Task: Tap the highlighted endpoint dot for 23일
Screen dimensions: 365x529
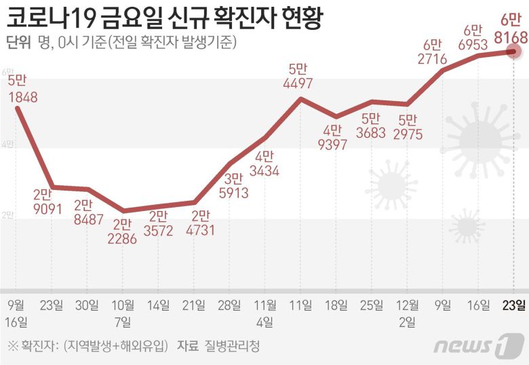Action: click(x=514, y=51)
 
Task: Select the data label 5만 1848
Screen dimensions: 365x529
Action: click(x=22, y=89)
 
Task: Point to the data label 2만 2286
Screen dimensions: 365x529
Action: click(x=122, y=230)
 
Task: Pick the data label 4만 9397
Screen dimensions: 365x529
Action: click(x=336, y=137)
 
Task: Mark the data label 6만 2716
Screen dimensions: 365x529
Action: click(x=432, y=52)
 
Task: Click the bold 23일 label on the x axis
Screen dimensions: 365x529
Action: click(x=513, y=303)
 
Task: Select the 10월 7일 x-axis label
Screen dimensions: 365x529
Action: click(x=122, y=311)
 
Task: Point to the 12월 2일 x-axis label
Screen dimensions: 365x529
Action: click(x=407, y=311)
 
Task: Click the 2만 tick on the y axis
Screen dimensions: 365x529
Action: click(x=7, y=215)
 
